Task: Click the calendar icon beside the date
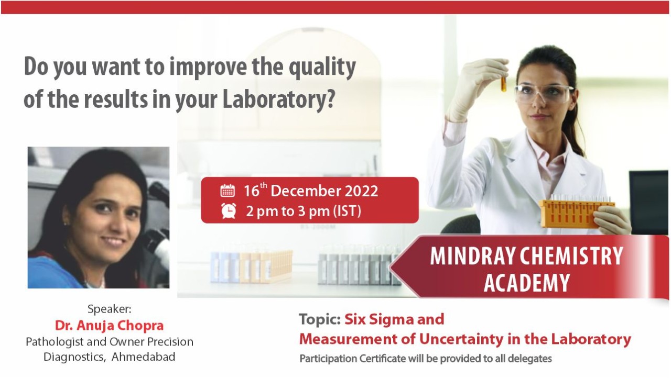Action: (228, 191)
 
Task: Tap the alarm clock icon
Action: (229, 210)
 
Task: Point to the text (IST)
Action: (347, 211)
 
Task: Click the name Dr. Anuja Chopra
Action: (110, 326)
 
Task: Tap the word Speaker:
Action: (110, 309)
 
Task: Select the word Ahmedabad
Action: (143, 357)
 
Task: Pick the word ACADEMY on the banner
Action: (527, 283)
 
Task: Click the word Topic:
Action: (320, 319)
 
